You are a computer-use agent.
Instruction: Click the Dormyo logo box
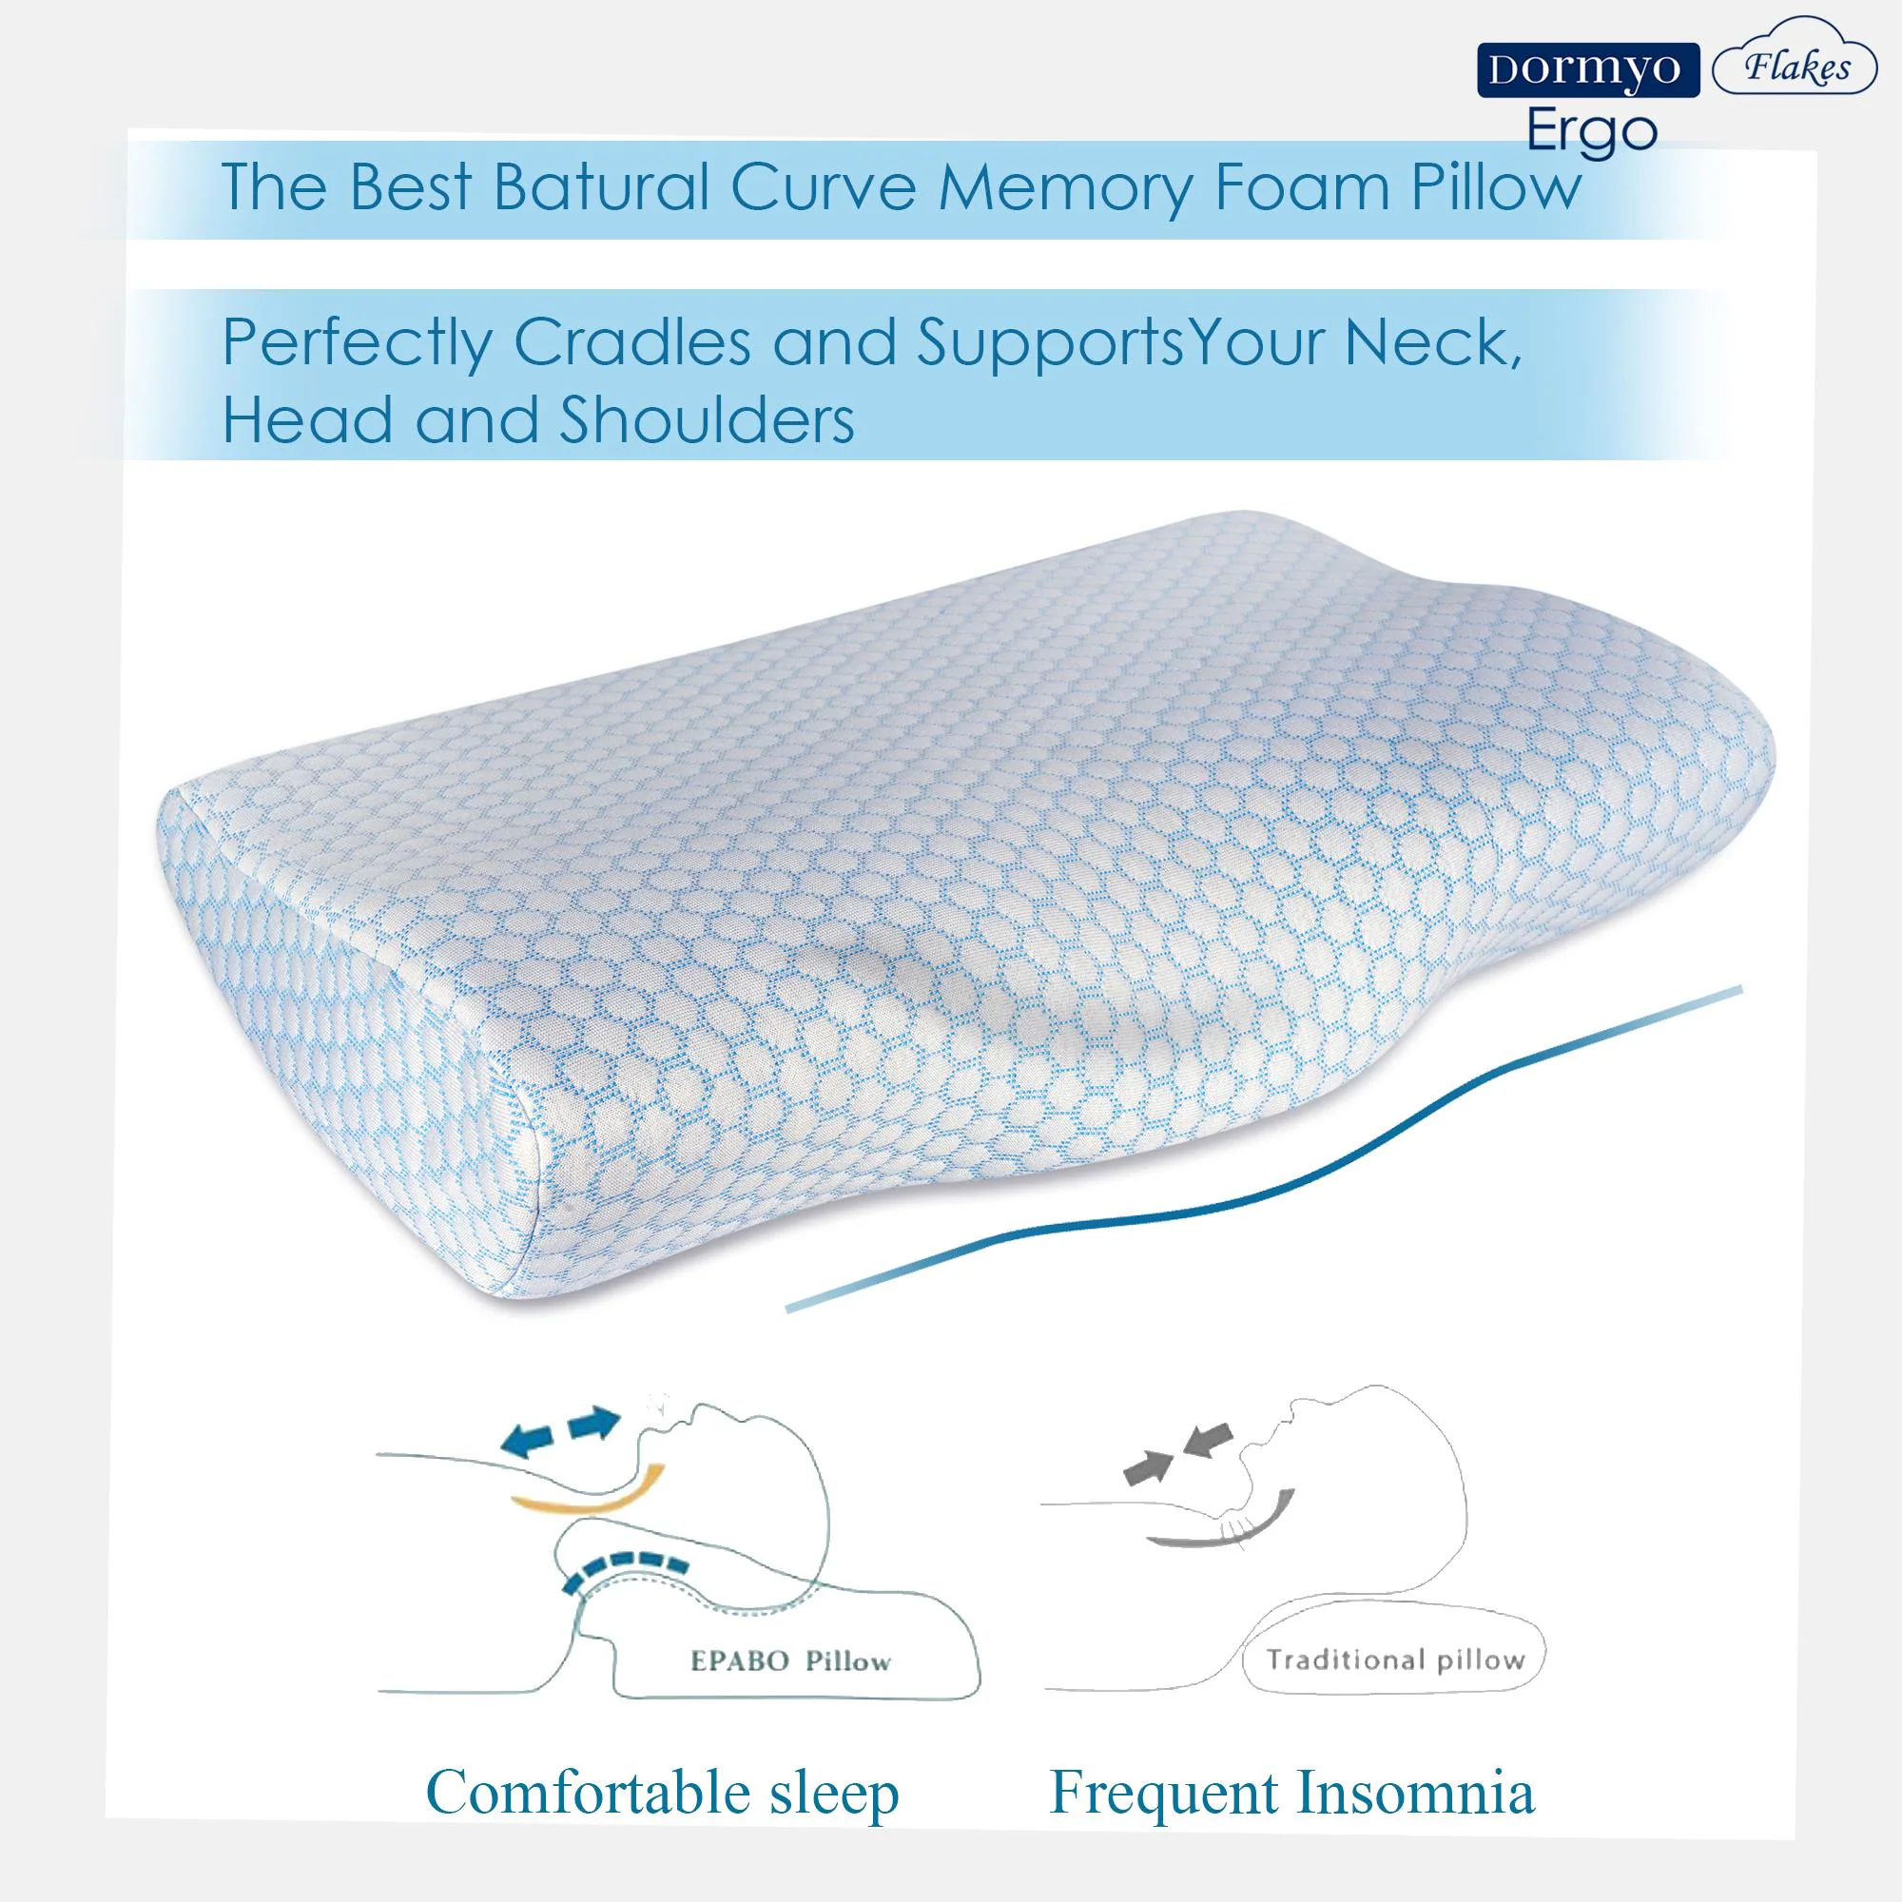pyautogui.click(x=1588, y=69)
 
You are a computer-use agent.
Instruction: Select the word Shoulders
pyautogui.click(x=707, y=420)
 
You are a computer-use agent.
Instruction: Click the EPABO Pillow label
pyautogui.click(x=790, y=1662)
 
